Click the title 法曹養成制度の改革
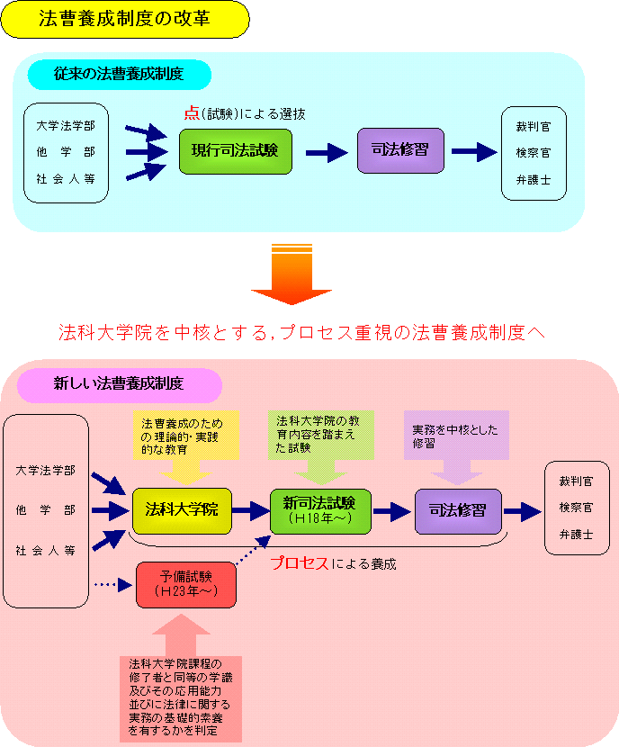pos(125,19)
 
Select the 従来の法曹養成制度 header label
pos(119,74)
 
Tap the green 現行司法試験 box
pos(236,151)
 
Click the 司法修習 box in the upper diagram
pos(400,150)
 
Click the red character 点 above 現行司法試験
pos(190,114)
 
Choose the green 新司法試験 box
pos(319,510)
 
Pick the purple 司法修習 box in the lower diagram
pos(457,510)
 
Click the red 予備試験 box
pos(185,583)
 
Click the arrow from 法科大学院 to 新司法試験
pos(249,510)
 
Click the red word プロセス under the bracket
pos(301,564)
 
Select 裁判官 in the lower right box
pos(576,481)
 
